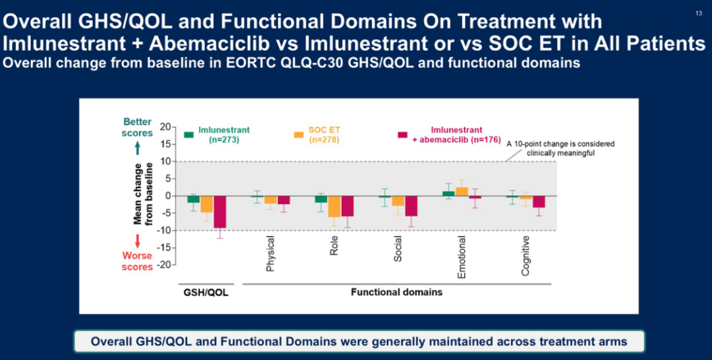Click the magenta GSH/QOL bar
coord(220,212)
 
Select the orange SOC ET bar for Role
coord(334,206)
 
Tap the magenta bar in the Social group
coord(411,206)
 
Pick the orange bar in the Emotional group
coord(461,191)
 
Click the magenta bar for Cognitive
coord(539,202)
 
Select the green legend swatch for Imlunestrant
coord(189,135)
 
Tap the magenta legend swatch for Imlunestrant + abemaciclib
coord(402,135)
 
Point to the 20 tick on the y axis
coord(165,127)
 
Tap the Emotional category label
coord(461,258)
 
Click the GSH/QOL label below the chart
coord(205,292)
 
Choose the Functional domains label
coord(396,291)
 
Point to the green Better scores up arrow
coord(138,146)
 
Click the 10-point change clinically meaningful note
coord(561,148)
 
